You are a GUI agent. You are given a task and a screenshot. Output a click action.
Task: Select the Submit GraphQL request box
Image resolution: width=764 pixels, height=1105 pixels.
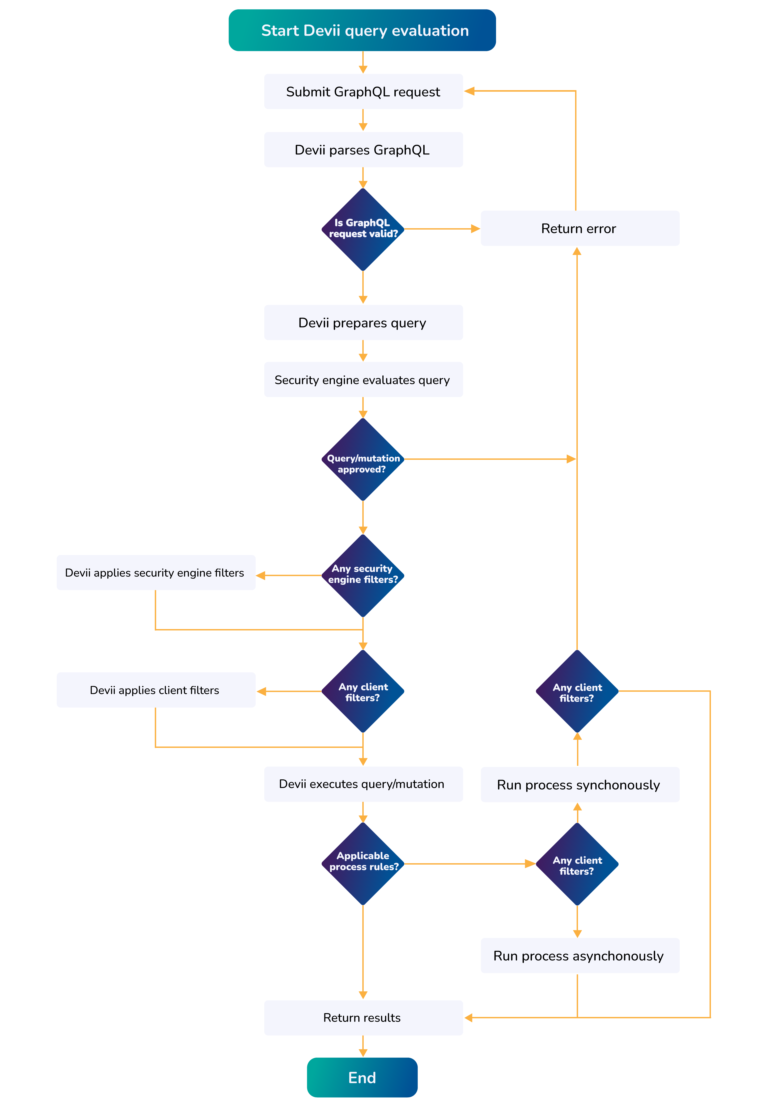[x=363, y=91]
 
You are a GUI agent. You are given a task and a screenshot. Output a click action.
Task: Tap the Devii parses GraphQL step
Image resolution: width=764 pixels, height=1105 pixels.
[x=363, y=150]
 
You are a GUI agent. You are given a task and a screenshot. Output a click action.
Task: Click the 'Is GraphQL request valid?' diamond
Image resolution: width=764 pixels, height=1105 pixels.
[x=363, y=229]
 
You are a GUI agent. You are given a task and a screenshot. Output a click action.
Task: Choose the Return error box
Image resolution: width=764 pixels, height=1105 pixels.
[x=580, y=228]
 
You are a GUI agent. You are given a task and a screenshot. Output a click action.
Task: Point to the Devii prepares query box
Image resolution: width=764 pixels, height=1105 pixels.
[x=363, y=323]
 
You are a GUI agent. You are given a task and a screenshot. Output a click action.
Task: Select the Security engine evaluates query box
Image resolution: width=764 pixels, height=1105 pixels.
[x=363, y=379]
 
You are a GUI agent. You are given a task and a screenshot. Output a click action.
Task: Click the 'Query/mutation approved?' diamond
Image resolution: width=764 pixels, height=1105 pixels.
[x=363, y=459]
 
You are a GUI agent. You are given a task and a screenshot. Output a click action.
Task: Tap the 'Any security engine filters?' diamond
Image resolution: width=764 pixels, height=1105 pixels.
[x=363, y=575]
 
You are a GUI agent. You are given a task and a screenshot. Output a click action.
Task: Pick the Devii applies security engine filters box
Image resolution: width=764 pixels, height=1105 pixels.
[x=156, y=572]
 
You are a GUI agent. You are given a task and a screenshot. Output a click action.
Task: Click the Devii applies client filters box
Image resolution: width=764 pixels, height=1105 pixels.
[x=156, y=690]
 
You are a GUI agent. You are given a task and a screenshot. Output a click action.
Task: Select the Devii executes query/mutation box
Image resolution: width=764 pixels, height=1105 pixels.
[x=363, y=784]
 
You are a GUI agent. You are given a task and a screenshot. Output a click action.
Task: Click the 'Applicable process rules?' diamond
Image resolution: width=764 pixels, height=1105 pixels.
[x=363, y=863]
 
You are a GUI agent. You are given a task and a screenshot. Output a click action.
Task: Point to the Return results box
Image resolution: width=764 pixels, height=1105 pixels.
[x=363, y=1017]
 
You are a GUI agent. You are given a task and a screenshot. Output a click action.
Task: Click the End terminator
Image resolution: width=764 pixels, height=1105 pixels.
[x=362, y=1077]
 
